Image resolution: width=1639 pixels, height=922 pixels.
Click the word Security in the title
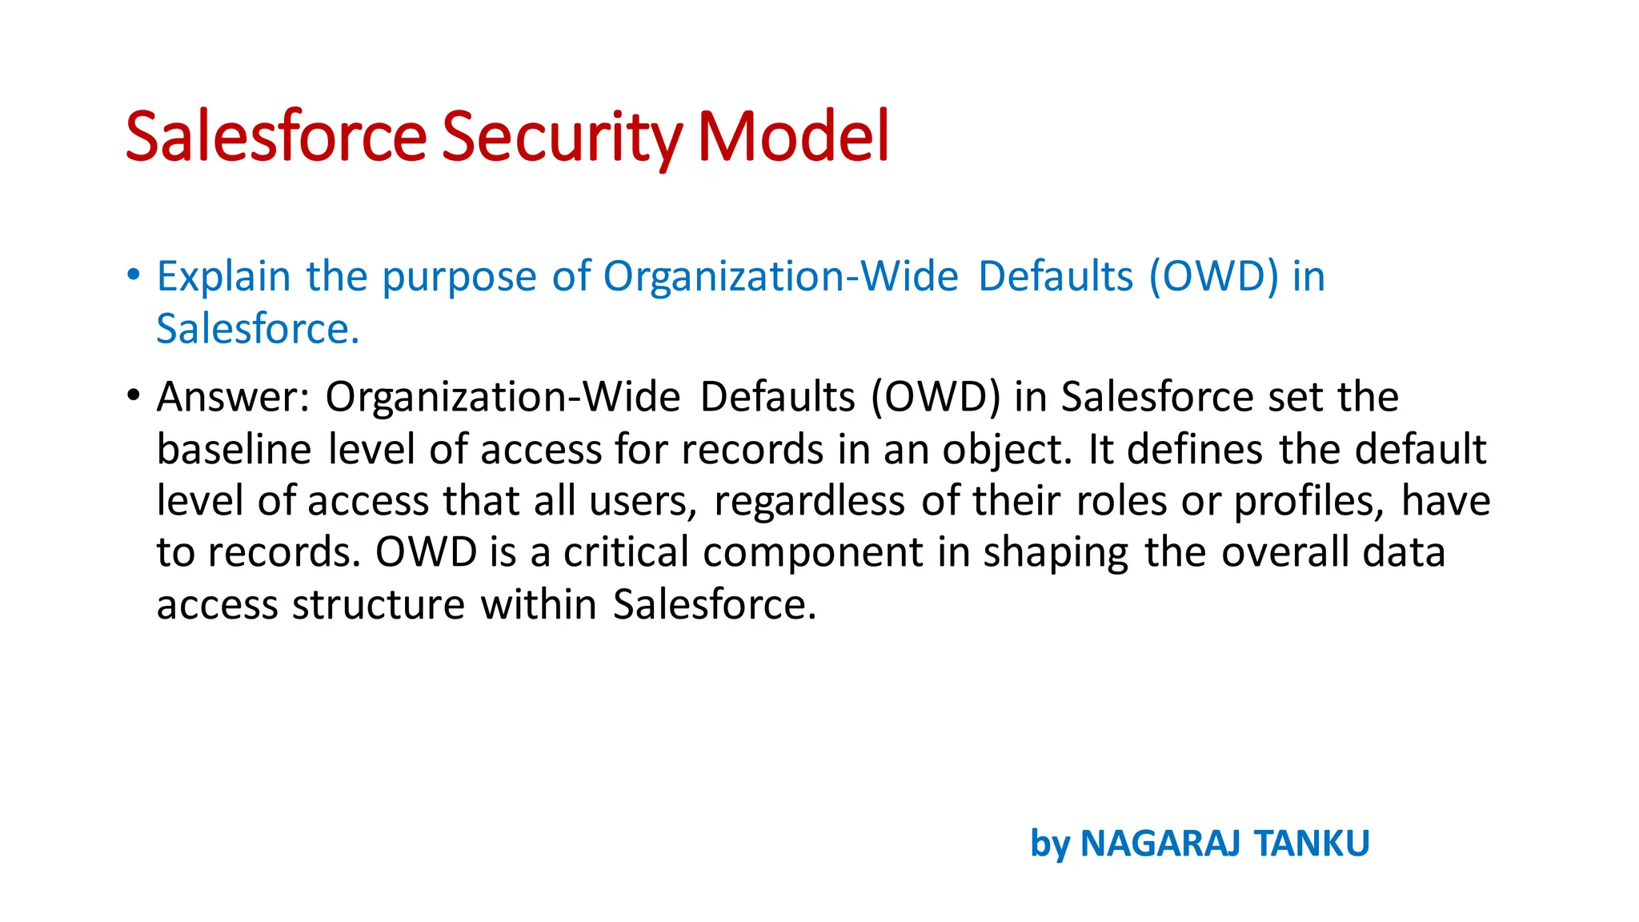point(561,138)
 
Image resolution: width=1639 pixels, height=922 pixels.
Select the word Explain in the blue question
point(223,277)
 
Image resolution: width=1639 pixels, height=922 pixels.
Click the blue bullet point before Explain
point(134,275)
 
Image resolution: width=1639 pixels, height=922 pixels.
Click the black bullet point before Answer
point(134,395)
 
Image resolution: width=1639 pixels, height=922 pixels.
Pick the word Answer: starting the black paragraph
point(233,397)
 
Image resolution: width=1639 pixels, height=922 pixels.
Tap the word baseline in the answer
point(234,449)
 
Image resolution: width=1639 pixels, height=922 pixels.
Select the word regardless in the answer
point(810,502)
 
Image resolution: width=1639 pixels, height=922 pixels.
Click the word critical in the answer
point(626,552)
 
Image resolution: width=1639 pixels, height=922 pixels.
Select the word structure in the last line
point(379,604)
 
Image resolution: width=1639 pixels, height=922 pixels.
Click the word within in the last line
point(539,604)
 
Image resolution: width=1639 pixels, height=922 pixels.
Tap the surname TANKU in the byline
point(1312,844)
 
